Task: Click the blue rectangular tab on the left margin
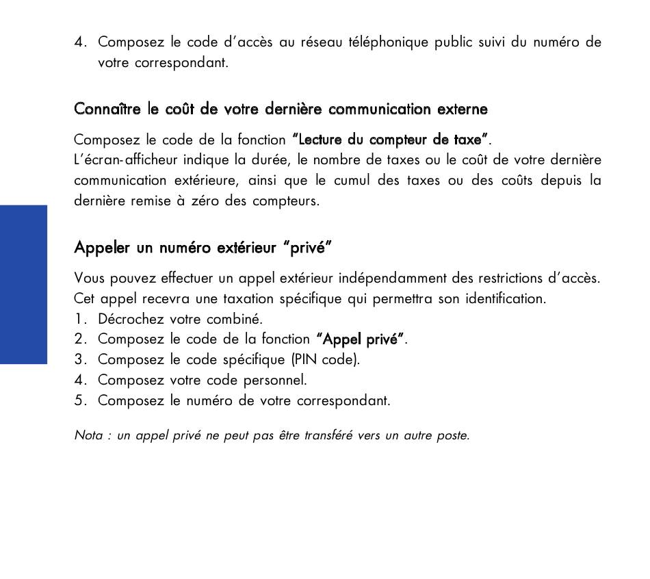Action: tap(23, 284)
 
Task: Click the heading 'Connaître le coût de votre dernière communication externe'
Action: tap(281, 110)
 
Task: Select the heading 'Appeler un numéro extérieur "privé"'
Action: tap(203, 247)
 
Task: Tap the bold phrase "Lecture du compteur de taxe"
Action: tap(390, 140)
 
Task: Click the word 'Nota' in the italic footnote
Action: tap(88, 436)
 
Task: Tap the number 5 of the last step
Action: tap(79, 401)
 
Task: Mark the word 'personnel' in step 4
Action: tap(277, 381)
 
